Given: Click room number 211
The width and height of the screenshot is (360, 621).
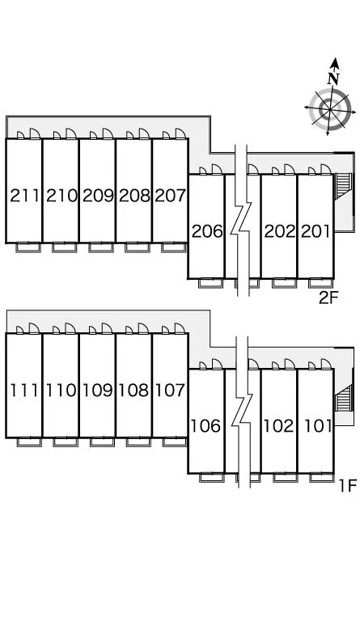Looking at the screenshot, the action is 24,195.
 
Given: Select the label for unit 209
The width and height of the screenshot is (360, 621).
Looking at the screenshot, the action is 98,195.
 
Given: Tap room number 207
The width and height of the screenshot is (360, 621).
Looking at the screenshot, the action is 171,195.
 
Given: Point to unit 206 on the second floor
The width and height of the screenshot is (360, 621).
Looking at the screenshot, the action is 207,231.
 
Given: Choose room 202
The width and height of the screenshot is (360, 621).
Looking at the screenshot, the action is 280,231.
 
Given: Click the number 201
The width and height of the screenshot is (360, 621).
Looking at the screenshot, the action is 316,231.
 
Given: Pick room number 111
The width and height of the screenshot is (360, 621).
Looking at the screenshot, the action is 24,391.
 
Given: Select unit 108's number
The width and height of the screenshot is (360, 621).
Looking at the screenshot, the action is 133,391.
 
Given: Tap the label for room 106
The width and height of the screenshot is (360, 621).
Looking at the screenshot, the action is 206,426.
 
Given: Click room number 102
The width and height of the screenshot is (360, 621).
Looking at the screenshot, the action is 279,426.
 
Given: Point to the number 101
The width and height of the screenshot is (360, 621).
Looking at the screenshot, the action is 318,426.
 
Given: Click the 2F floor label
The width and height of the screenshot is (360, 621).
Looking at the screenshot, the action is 328,298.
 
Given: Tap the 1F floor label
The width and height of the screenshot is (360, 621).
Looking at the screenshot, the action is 348,485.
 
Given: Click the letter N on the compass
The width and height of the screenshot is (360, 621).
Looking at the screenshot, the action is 333,78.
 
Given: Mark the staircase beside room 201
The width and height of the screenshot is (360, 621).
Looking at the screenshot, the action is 343,186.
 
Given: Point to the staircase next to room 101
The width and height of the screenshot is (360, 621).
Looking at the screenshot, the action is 344,398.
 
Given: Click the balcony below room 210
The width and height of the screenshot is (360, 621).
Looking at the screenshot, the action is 64,247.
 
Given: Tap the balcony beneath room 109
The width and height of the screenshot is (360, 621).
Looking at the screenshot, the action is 102,442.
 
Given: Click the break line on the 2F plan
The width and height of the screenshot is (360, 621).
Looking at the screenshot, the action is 242,220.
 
